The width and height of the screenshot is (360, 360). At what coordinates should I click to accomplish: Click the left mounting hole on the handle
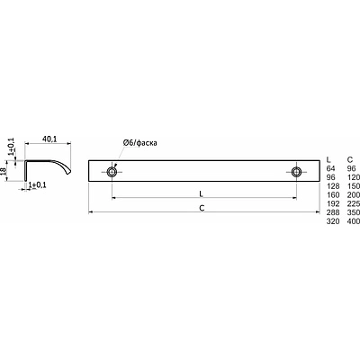[x=112, y=172]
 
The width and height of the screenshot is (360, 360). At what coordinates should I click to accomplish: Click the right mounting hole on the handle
[x=296, y=172]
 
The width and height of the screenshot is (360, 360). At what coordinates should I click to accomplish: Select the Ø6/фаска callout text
[x=139, y=143]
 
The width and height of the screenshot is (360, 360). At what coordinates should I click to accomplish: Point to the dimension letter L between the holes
[x=202, y=193]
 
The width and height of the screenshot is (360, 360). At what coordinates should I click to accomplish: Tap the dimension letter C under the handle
[x=202, y=208]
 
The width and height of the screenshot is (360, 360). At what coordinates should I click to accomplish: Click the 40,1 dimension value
[x=49, y=139]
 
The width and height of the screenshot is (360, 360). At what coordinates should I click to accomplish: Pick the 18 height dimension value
[x=4, y=171]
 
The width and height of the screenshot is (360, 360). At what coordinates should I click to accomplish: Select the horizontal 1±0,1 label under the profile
[x=37, y=185]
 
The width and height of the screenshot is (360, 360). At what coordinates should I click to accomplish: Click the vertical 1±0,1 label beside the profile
[x=11, y=146]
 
